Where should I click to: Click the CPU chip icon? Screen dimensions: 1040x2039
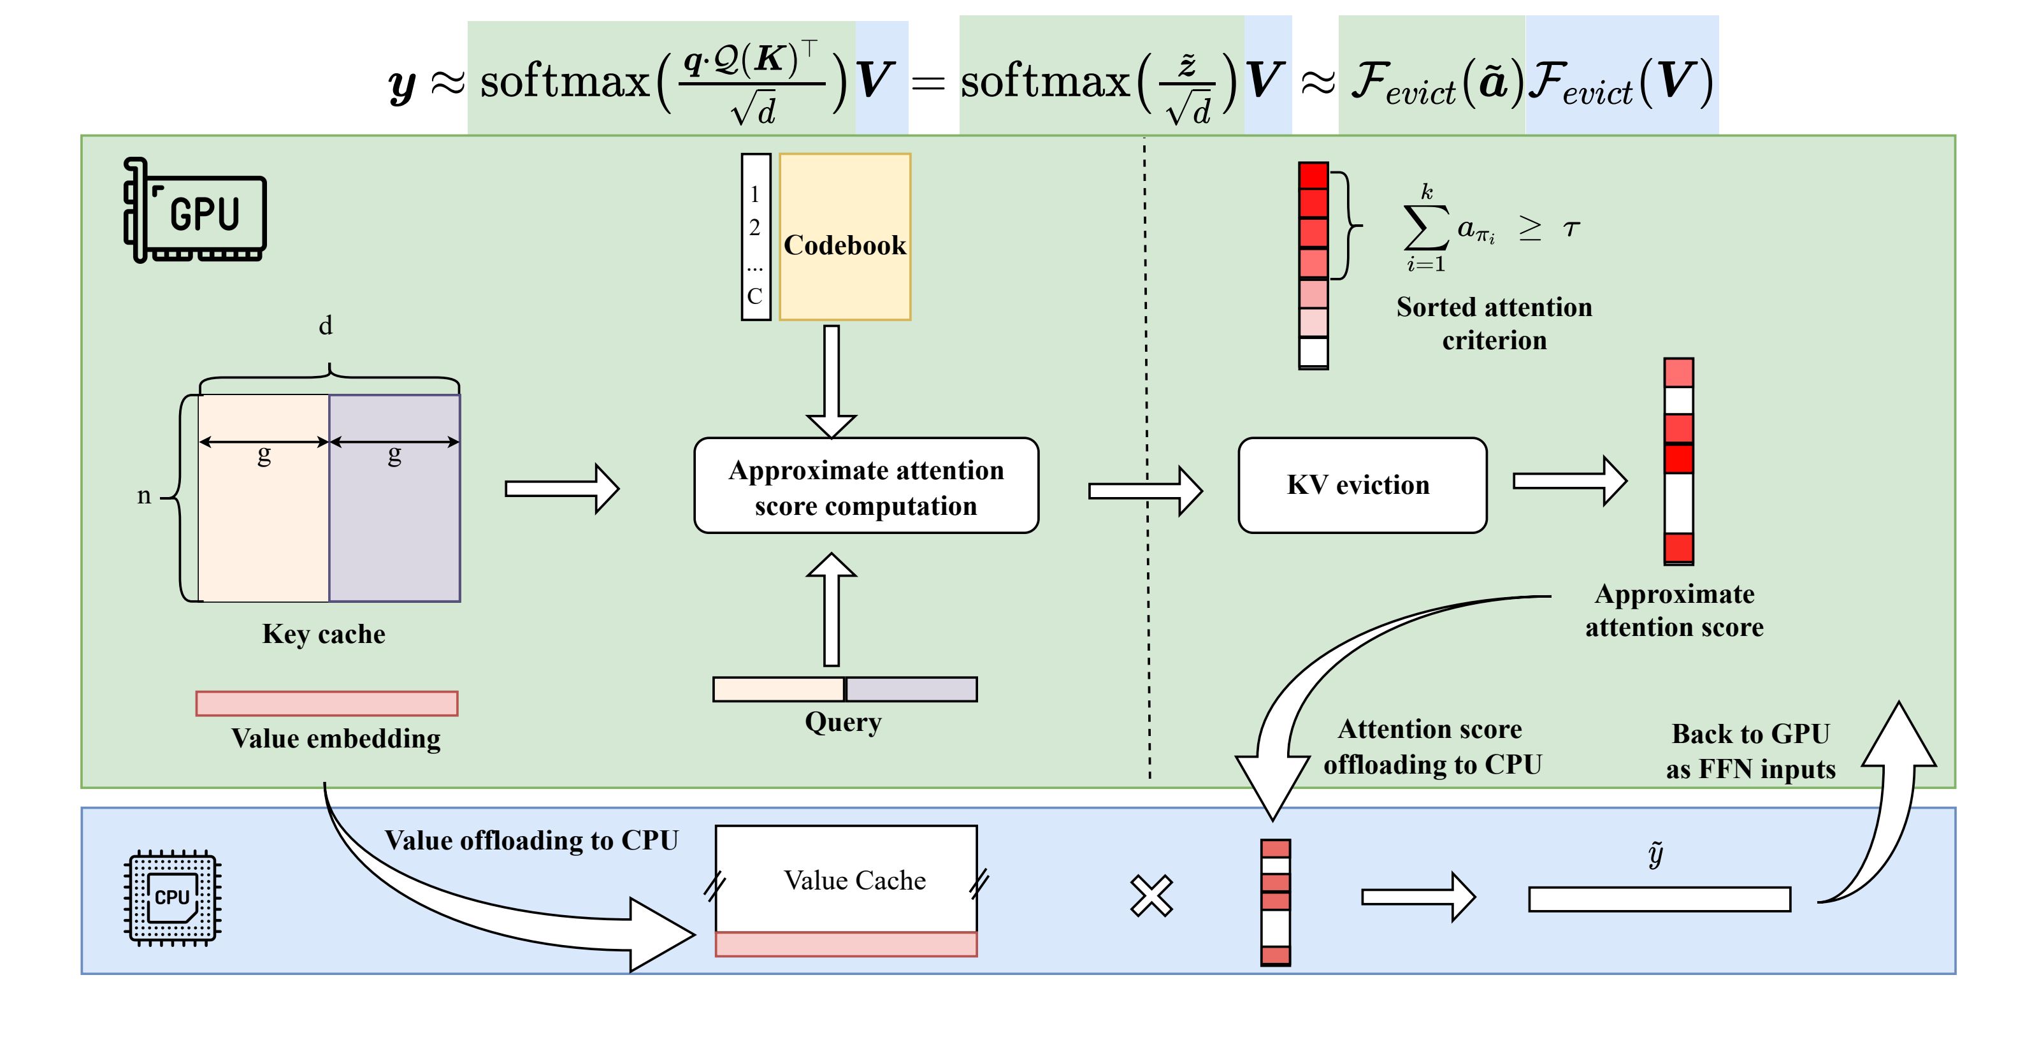tap(173, 897)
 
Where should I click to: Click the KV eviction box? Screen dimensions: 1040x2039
tap(1362, 485)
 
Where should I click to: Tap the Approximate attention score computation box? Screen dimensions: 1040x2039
tap(866, 486)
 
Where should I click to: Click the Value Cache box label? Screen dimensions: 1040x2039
tap(854, 880)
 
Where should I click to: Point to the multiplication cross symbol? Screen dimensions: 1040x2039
tap(1151, 896)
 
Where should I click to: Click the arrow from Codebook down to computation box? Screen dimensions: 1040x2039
tap(831, 380)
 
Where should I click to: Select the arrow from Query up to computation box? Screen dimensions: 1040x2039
tap(831, 609)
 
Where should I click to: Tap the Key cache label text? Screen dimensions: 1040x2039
tap(324, 634)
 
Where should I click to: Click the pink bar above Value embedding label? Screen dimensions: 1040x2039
tap(327, 704)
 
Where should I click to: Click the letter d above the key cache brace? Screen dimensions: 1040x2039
tap(326, 325)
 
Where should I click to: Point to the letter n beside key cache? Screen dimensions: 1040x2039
tap(143, 495)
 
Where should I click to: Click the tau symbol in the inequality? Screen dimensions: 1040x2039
tap(1571, 229)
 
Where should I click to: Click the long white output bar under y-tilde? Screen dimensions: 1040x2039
tap(1659, 899)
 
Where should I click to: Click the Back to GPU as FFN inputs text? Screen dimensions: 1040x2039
tap(1750, 751)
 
